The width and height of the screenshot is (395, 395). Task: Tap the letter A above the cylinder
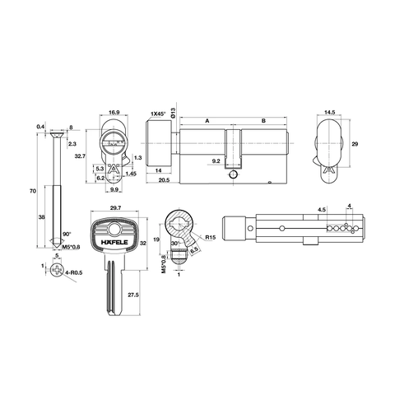(207, 120)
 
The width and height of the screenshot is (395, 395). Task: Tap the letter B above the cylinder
(263, 120)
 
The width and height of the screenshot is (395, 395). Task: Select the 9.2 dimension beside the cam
(216, 161)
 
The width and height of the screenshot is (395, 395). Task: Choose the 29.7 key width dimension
(115, 208)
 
